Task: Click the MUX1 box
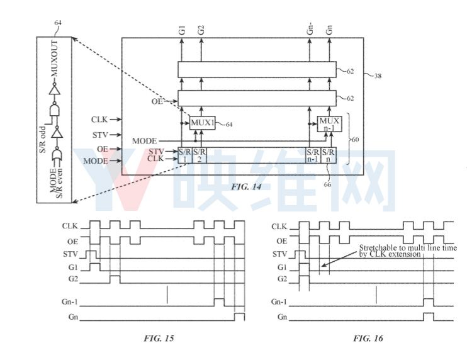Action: click(x=203, y=123)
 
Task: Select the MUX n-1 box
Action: click(x=329, y=124)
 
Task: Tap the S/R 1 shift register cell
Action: click(x=185, y=155)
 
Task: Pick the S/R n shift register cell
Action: click(x=329, y=155)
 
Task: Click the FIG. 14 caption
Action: click(x=246, y=187)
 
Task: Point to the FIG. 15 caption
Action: click(x=159, y=338)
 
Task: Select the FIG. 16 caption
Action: click(x=368, y=338)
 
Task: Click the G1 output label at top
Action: click(x=183, y=30)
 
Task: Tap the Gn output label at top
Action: click(x=329, y=30)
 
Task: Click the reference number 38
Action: click(x=378, y=76)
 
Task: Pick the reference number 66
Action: click(x=327, y=184)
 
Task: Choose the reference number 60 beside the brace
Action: click(x=356, y=139)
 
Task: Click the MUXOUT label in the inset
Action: click(x=55, y=59)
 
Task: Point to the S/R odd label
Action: click(x=43, y=140)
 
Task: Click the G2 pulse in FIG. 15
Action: click(x=115, y=279)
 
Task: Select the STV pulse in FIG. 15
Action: click(x=91, y=255)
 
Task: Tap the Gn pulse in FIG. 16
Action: click(x=429, y=317)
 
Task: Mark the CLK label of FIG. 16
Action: click(x=279, y=227)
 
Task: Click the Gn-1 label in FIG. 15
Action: click(x=70, y=301)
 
